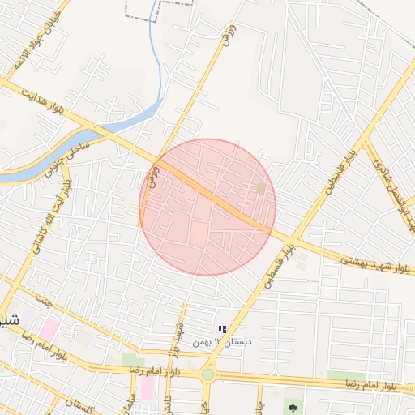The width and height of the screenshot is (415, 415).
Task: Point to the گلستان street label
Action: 80,404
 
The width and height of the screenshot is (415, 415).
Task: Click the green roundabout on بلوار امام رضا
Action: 208,374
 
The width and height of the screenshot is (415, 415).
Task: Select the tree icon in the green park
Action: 290,406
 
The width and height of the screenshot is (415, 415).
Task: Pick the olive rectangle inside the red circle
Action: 261,188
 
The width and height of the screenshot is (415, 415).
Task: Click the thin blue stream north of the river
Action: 159,65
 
